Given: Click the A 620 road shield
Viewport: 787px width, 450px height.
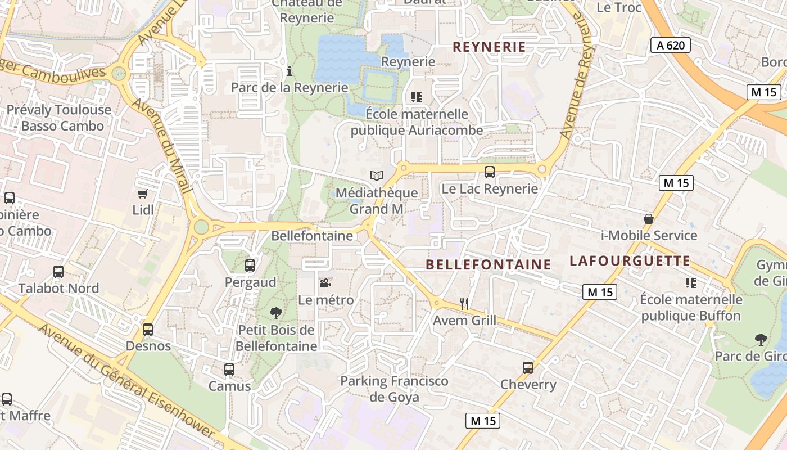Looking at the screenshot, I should click(x=671, y=45).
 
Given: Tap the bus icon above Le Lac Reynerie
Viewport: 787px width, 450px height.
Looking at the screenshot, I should click(x=490, y=172).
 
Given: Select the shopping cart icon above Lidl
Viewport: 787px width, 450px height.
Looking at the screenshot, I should click(x=143, y=193).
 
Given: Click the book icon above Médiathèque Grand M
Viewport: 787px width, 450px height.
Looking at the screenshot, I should click(x=377, y=175).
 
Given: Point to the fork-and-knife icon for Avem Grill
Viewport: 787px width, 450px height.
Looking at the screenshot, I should click(x=464, y=304).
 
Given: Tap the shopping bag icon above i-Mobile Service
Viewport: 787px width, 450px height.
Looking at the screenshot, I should click(x=649, y=219).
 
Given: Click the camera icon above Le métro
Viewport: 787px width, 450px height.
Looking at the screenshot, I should click(x=325, y=283).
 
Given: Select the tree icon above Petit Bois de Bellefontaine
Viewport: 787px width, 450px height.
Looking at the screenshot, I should click(x=275, y=313).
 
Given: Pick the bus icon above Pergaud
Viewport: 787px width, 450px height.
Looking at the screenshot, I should click(x=250, y=265).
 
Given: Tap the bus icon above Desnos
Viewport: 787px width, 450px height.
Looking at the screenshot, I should click(x=148, y=330).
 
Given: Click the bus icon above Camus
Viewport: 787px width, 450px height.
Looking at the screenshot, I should click(x=229, y=370).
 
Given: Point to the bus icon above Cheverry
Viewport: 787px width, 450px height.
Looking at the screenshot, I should click(x=528, y=368).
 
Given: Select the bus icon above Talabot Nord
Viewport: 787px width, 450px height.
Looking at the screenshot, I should click(x=58, y=272).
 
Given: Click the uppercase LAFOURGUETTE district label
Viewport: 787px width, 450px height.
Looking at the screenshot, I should click(x=630, y=261).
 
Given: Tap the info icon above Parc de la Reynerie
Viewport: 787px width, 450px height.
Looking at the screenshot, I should click(x=290, y=71).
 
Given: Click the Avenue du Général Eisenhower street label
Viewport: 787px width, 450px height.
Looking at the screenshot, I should click(x=127, y=382).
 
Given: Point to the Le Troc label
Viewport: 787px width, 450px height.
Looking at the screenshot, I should click(x=619, y=7).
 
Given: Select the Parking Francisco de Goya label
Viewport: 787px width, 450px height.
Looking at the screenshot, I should click(x=394, y=389).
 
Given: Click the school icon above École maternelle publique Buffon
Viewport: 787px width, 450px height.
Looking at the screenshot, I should click(x=691, y=283).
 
